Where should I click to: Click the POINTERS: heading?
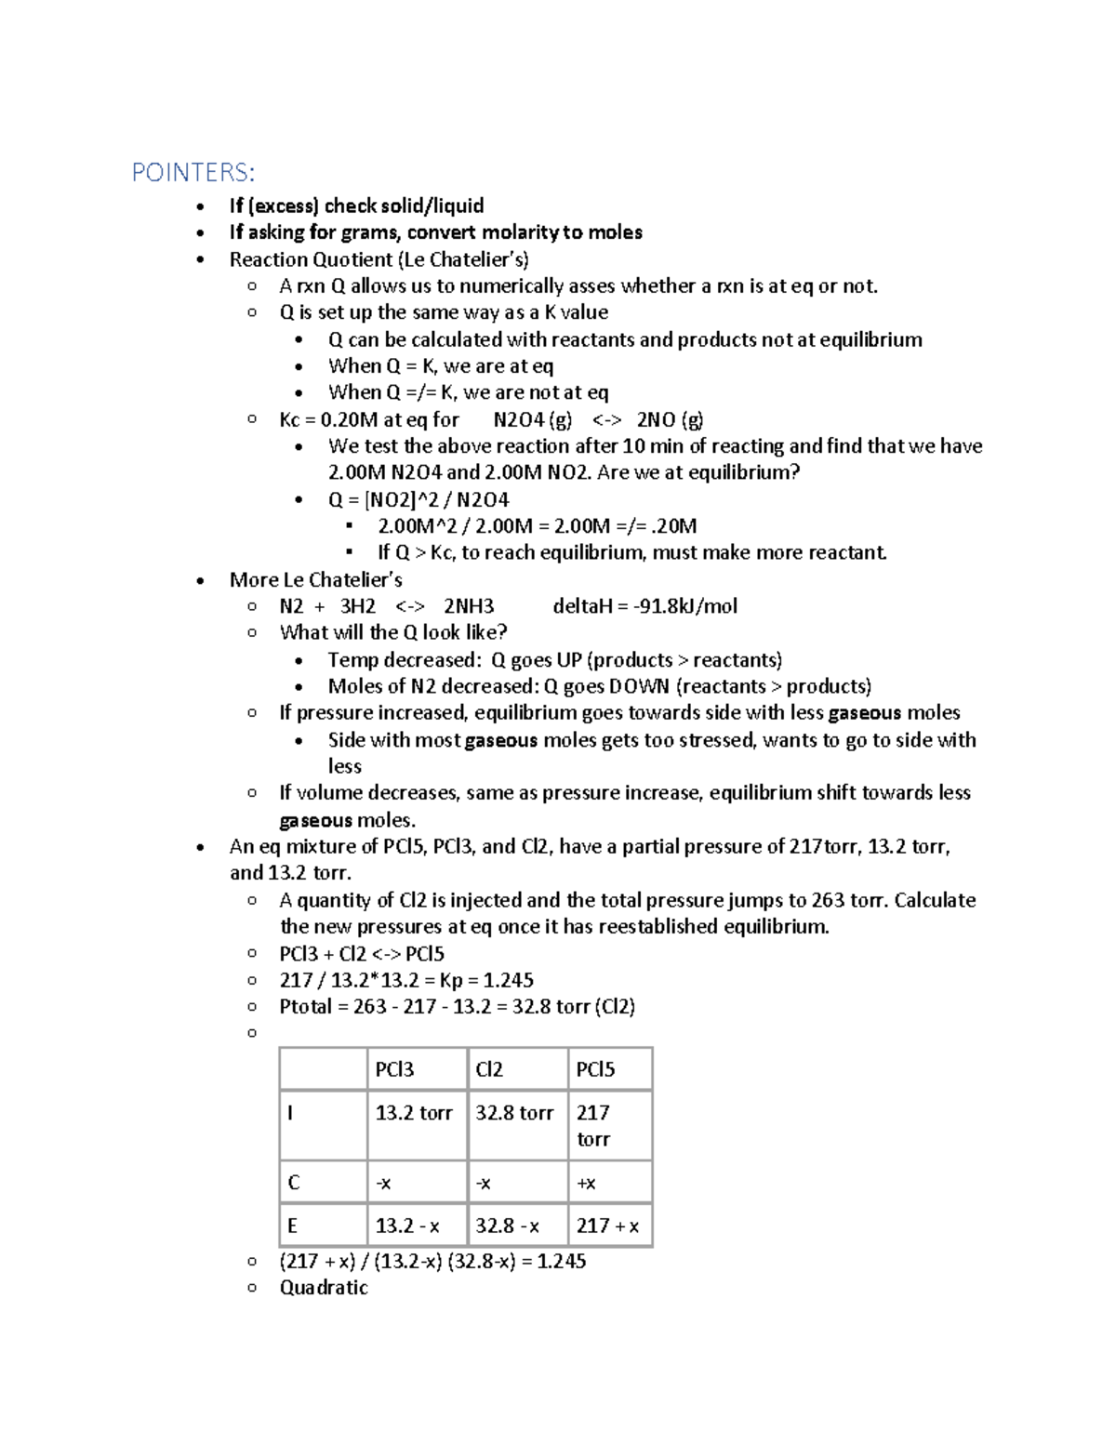point(193,173)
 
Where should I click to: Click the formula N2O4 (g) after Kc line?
point(532,419)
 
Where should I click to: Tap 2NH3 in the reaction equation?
point(469,606)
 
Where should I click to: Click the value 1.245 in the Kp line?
point(508,980)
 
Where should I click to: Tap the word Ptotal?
point(305,1006)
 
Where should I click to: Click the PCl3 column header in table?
point(394,1069)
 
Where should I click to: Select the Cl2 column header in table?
point(489,1069)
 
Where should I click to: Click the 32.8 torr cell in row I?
point(514,1113)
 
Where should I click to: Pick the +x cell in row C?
point(586,1183)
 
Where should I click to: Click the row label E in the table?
point(292,1225)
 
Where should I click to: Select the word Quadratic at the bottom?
point(324,1288)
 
